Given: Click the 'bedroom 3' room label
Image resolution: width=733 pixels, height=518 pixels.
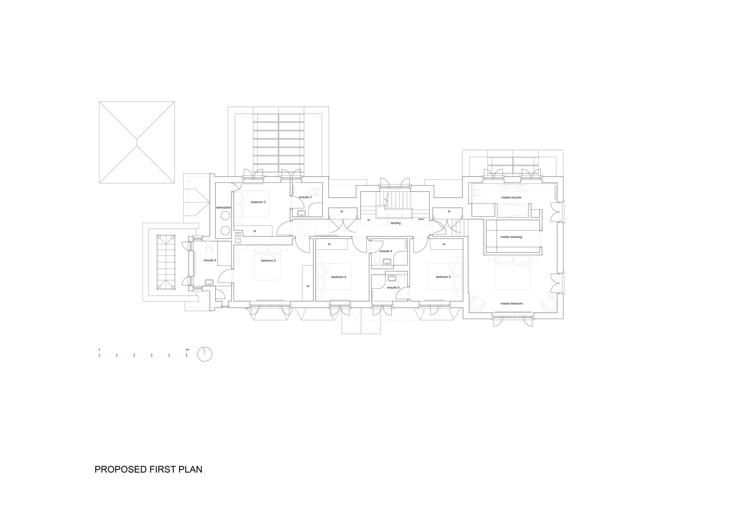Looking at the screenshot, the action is point(258,202).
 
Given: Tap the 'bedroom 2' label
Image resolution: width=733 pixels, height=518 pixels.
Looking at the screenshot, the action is point(268,261).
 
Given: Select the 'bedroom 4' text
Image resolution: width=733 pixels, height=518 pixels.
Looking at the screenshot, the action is point(339,277).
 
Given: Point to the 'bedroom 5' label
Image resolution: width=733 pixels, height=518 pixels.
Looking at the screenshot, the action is point(443,277).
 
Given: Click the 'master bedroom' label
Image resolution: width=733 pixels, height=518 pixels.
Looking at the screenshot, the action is point(511,303).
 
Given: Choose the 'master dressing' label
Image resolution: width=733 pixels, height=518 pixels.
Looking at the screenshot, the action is point(511,237).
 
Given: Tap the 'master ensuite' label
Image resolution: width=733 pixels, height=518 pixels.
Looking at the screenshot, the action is point(511,198).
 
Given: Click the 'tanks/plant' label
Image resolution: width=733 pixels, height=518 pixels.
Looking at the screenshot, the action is point(224,208).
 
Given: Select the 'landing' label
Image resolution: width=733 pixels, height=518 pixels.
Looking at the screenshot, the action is point(396,223).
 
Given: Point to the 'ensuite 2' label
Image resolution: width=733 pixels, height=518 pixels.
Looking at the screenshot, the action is point(210,260).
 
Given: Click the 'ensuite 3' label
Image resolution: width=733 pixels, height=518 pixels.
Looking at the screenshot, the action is point(305,197).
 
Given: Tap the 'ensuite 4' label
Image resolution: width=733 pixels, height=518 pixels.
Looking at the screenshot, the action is point(386,251).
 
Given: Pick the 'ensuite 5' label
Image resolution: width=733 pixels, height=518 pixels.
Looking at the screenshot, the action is point(393,287).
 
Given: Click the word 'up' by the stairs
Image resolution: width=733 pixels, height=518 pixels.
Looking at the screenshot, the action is point(368,220).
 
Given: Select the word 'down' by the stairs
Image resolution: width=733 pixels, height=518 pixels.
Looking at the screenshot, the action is point(421,219).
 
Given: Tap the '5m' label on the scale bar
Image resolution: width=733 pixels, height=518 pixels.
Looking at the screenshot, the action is point(187,350).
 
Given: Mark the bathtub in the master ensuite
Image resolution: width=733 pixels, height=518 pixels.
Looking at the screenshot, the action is point(513,210).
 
